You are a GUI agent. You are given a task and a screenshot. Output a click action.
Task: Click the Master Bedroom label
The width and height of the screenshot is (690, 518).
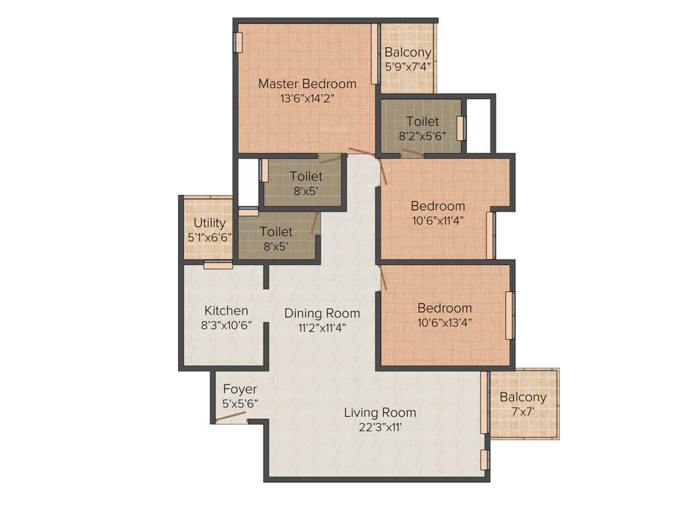click(x=307, y=84)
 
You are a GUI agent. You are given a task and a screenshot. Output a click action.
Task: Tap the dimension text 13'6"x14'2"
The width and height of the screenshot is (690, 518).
click(x=307, y=98)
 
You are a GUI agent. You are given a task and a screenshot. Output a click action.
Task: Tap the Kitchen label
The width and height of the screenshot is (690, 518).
click(x=226, y=311)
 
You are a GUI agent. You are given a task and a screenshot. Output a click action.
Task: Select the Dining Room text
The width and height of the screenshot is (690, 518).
click(x=322, y=313)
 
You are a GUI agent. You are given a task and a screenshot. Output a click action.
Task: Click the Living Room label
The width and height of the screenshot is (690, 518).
click(x=380, y=412)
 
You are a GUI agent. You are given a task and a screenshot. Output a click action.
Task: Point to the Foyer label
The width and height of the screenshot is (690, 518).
click(x=240, y=389)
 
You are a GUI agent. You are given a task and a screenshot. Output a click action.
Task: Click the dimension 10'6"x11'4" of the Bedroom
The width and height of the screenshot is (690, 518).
click(x=438, y=220)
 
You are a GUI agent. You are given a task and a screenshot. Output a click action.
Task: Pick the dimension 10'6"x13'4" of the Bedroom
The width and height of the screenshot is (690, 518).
click(x=444, y=322)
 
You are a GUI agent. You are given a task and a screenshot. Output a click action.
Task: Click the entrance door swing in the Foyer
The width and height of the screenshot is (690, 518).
click(x=230, y=416)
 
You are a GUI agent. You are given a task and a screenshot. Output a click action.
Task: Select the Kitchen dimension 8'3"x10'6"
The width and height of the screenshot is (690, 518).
click(x=226, y=325)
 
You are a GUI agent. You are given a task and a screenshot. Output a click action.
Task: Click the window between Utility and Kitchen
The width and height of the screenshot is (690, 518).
click(x=218, y=265)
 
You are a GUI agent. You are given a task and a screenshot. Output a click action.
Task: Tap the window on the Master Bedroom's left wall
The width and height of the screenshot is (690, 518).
click(x=238, y=42)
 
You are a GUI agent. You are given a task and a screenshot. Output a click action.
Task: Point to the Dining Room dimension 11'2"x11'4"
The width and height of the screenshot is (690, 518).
click(x=322, y=328)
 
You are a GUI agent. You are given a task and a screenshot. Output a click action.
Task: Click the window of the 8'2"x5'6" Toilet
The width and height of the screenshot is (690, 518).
click(x=461, y=128)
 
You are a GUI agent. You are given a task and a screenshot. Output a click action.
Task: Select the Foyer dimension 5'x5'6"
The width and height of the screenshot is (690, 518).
click(x=240, y=403)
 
